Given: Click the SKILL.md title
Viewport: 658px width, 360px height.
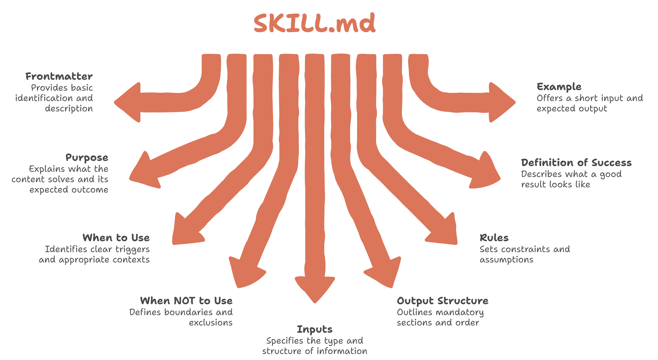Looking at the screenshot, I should tap(314, 23).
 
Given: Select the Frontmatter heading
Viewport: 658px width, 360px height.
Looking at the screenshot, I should tap(59, 77).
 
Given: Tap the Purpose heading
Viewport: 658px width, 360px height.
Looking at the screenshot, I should tap(87, 158).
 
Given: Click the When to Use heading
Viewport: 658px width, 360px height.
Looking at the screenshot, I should tap(116, 238).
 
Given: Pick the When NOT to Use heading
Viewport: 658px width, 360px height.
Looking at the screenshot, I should tap(186, 301).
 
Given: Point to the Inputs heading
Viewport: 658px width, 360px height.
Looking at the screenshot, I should tap(314, 329).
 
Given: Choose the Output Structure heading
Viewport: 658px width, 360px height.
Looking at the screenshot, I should tap(443, 301).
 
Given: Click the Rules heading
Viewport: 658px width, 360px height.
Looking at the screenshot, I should tap(494, 238).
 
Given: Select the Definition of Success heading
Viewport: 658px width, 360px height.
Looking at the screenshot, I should tap(576, 163).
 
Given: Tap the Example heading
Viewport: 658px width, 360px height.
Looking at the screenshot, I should tap(559, 87).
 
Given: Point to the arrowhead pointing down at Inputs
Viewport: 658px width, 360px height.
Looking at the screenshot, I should tap(315, 289).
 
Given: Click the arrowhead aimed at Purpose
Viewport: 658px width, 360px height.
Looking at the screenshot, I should tap(144, 173).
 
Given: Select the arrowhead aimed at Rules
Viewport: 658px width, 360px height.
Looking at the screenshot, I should tap(445, 232).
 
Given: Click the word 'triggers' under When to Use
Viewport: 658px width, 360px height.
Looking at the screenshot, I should tap(132, 249).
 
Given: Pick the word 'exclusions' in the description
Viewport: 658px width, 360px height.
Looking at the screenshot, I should tap(211, 323).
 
